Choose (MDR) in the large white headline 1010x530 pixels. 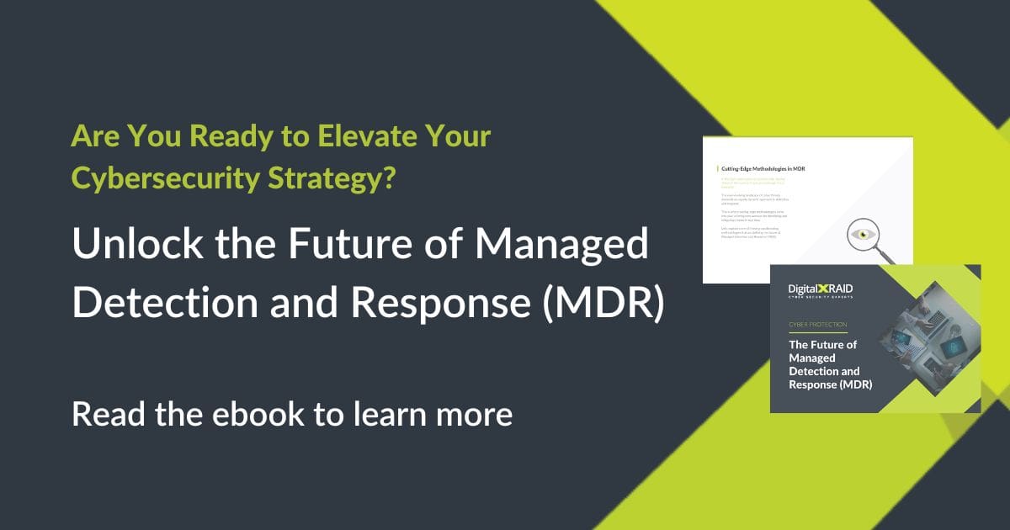coord(603,303)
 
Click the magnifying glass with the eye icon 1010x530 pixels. coord(858,236)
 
